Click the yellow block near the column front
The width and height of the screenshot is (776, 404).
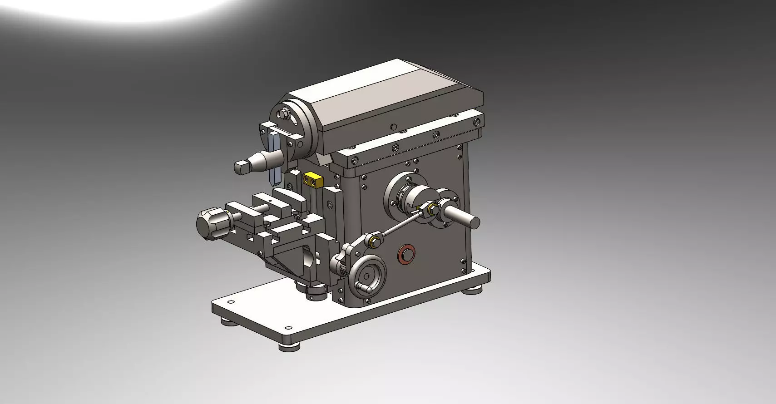click(x=313, y=180)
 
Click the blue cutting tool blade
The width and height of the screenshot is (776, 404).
click(x=275, y=156)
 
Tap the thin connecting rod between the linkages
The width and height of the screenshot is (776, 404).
click(x=401, y=225)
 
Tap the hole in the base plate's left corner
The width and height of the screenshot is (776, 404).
click(x=231, y=302)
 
